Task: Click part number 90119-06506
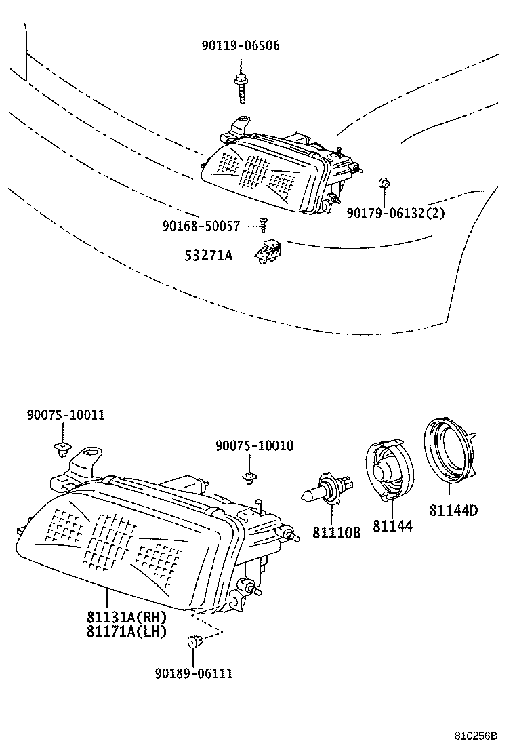pyautogui.click(x=240, y=45)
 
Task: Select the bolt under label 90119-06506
pyautogui.click(x=241, y=87)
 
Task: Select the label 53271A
pyautogui.click(x=208, y=256)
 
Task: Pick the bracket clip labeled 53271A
pyautogui.click(x=269, y=250)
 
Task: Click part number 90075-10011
pyautogui.click(x=66, y=414)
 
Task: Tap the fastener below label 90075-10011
pyautogui.click(x=63, y=448)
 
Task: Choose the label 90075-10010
pyautogui.click(x=254, y=445)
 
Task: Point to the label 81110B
pyautogui.click(x=336, y=533)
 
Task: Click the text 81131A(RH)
pyautogui.click(x=126, y=618)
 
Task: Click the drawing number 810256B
pyautogui.click(x=476, y=736)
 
